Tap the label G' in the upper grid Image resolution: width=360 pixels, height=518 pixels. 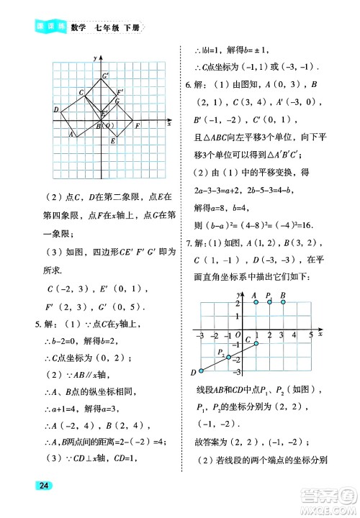[105, 76]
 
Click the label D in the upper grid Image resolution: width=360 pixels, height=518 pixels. [56, 109]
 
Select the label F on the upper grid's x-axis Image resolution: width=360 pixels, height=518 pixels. [137, 127]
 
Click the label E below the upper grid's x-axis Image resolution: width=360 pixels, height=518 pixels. [113, 141]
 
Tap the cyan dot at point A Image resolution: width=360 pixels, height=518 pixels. [256, 302]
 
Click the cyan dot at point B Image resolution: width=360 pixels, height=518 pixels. [283, 302]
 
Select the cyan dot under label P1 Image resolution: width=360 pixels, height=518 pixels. [269, 302]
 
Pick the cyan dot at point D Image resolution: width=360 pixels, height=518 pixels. [201, 371]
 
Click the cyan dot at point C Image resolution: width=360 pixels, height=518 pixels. [256, 343]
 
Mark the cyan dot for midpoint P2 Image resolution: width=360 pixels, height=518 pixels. [228, 358]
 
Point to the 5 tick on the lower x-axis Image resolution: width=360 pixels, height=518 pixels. [310, 335]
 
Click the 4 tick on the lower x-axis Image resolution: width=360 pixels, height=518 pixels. [297, 335]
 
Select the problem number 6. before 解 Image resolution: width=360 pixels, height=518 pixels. [189, 85]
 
